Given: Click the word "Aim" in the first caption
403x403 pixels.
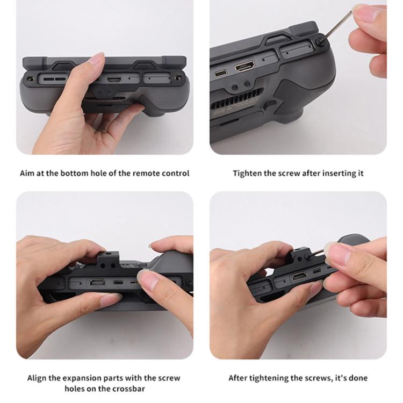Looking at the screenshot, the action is pos(27,173).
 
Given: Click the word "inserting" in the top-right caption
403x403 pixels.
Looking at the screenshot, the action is pos(339,174).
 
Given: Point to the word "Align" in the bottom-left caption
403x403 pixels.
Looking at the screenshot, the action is pos(37,378).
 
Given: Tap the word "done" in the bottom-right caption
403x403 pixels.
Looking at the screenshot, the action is pos(358,378).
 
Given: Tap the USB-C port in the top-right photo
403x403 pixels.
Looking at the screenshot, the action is pos(221,73).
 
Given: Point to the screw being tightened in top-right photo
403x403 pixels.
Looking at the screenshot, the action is pos(320,41).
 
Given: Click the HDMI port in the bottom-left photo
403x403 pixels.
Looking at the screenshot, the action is pos(97,283).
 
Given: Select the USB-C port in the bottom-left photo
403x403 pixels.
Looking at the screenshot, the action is pos(118,283).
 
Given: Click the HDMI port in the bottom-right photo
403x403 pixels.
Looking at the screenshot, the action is pos(299,277).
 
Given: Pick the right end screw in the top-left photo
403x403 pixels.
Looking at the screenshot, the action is pos(178,77).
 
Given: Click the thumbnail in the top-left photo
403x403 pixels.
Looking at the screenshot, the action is pos(97,59).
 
